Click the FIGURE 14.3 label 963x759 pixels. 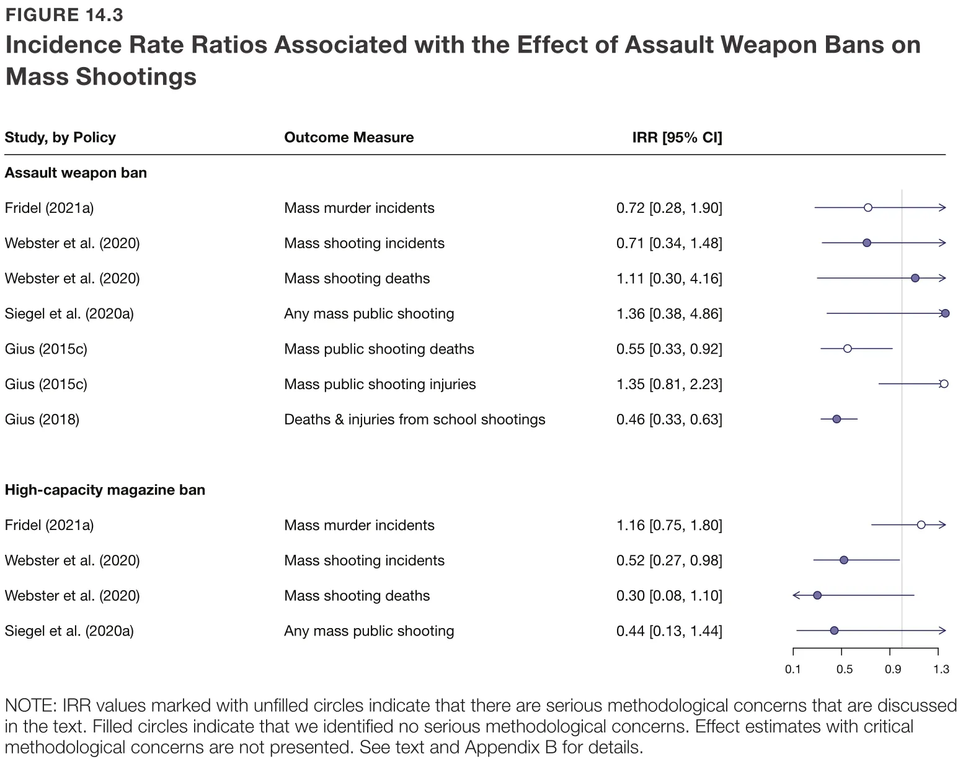click(64, 15)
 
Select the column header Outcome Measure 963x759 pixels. click(348, 137)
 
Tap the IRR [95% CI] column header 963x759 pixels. click(677, 137)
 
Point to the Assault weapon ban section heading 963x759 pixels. click(76, 173)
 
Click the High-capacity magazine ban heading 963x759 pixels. click(105, 490)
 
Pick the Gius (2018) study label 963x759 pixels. click(42, 420)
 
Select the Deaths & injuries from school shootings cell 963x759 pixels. click(414, 420)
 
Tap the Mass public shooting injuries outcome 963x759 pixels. click(379, 384)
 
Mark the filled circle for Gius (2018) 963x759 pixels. click(837, 420)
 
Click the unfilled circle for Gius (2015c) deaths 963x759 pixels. click(847, 349)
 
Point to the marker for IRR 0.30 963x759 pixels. click(817, 596)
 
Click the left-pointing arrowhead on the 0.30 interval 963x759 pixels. click(796, 596)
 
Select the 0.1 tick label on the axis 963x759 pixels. click(793, 669)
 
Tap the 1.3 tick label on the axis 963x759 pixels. click(941, 669)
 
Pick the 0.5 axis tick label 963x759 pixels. click(844, 669)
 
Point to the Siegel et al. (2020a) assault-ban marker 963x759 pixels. click(945, 313)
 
